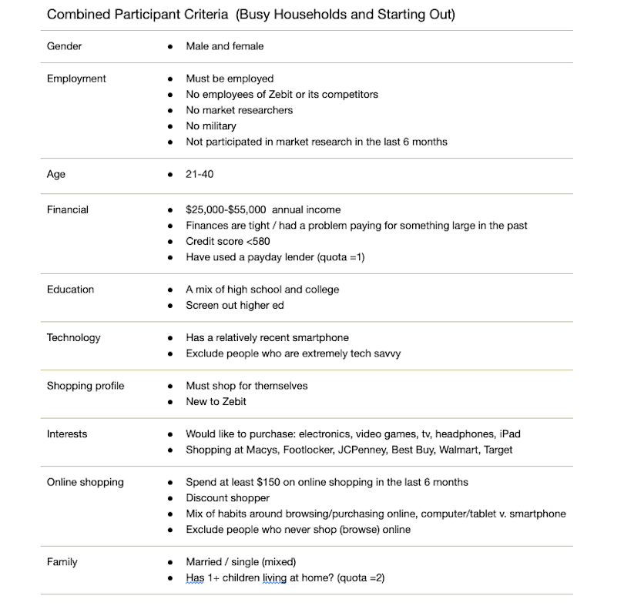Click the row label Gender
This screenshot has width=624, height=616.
click(x=64, y=46)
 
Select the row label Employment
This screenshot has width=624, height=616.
click(x=76, y=79)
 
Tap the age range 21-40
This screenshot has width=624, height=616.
click(x=200, y=174)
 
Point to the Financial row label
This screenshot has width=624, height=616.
click(x=67, y=209)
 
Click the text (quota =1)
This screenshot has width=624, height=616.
click(x=340, y=257)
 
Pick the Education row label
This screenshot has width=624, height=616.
click(x=70, y=290)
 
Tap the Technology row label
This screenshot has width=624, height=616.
click(x=73, y=337)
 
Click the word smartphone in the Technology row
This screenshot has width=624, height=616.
click(x=321, y=337)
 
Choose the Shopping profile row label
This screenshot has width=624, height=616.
click(x=85, y=386)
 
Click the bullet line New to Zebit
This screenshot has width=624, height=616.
click(x=216, y=402)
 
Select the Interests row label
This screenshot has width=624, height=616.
click(x=67, y=434)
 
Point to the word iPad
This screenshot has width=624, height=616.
click(x=508, y=434)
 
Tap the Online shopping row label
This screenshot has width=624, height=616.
click(x=85, y=482)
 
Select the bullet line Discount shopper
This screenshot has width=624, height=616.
click(x=227, y=498)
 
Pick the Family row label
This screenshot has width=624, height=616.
click(x=62, y=562)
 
